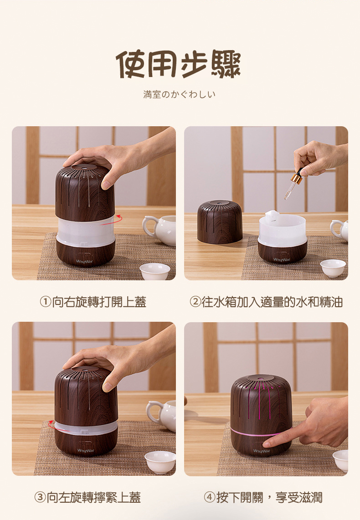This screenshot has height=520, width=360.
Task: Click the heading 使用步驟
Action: click(x=178, y=64)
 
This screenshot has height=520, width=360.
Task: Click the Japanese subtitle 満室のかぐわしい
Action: click(x=180, y=94)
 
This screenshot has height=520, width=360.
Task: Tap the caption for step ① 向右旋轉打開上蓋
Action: click(x=93, y=302)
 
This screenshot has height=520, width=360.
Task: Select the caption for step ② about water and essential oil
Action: click(x=266, y=302)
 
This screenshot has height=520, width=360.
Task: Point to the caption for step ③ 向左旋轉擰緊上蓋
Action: click(x=88, y=498)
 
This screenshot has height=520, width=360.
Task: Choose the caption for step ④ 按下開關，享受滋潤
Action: click(x=263, y=498)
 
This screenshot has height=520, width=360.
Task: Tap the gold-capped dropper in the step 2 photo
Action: click(x=293, y=184)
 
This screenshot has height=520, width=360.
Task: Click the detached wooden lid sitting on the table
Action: click(x=220, y=222)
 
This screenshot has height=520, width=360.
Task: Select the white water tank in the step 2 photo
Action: click(x=283, y=228)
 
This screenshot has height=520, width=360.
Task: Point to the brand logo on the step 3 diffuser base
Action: click(x=86, y=450)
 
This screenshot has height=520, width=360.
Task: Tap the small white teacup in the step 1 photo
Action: click(x=155, y=271)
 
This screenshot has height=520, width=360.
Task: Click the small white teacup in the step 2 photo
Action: click(x=333, y=268)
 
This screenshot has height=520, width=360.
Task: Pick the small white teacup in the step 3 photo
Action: click(x=160, y=462)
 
